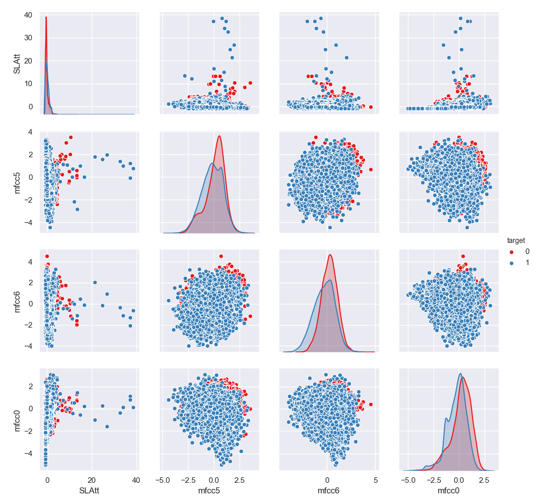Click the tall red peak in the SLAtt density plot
click(46, 18)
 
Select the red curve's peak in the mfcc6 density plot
click(330, 255)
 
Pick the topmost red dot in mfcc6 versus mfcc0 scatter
click(463, 256)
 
